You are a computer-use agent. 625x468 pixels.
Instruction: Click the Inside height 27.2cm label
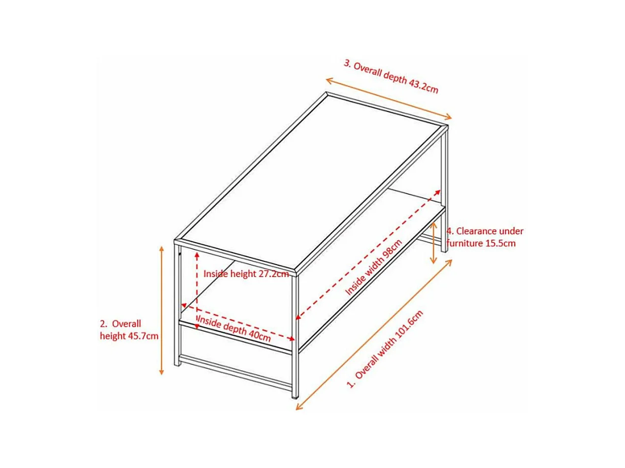point(246,274)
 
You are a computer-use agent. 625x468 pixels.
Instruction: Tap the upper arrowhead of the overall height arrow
point(161,249)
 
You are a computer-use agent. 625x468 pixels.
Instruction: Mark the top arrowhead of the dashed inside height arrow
point(197,253)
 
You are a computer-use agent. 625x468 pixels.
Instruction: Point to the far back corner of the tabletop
point(327,93)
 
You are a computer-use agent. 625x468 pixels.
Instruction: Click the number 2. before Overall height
point(103,324)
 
